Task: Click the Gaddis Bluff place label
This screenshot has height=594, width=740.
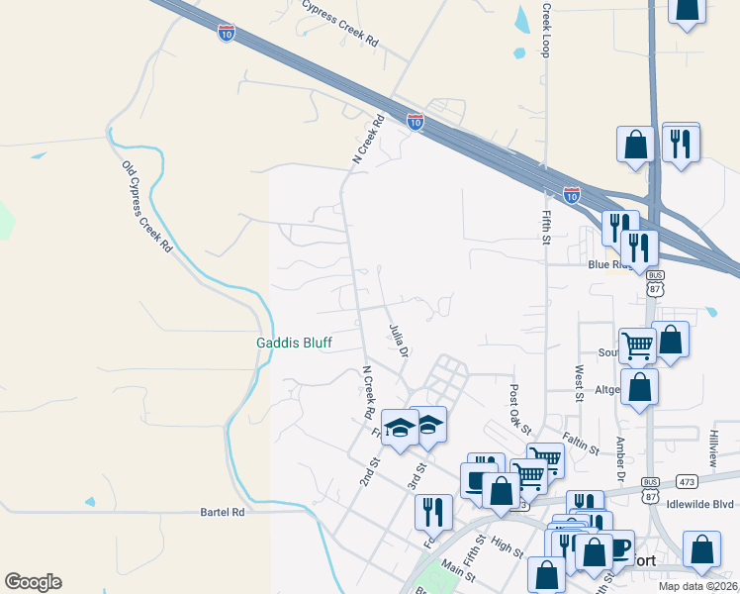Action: (294, 343)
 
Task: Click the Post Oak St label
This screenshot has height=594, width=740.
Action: (521, 408)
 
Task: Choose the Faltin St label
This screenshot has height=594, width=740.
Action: (581, 443)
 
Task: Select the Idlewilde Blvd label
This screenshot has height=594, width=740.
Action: (700, 503)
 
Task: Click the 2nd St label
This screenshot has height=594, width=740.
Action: (369, 470)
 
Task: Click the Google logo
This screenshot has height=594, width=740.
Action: (33, 582)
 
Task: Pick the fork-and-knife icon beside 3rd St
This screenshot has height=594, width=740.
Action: (432, 512)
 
